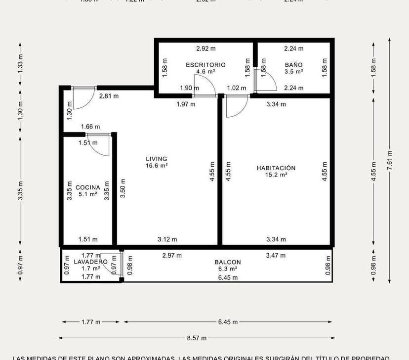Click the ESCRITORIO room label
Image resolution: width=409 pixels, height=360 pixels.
tap(205, 65)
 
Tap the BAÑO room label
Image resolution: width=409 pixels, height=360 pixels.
tap(293, 65)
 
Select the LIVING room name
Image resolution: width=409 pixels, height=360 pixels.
tap(156, 159)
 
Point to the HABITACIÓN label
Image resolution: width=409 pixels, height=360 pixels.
tap(276, 168)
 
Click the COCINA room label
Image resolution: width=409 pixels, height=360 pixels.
tap(88, 187)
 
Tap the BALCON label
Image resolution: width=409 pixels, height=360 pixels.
tap(228, 262)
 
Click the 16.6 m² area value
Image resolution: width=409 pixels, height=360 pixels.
tap(156, 166)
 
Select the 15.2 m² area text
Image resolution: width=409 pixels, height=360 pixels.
tap(276, 175)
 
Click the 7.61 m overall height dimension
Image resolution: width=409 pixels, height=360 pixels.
tap(389, 160)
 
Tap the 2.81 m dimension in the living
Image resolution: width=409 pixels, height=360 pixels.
tap(109, 96)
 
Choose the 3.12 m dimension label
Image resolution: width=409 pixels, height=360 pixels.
tap(167, 239)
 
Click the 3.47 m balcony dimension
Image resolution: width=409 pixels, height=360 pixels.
tap(276, 256)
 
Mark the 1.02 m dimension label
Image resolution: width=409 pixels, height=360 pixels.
tap(236, 88)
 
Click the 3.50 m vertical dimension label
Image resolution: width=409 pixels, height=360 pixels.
tap(123, 188)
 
